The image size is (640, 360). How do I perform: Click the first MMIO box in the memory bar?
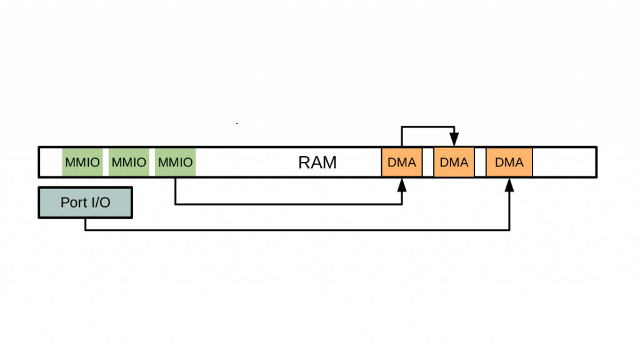coord(82,162)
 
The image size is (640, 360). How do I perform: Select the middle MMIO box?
coord(129,162)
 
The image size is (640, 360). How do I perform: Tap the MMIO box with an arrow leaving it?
coord(176,162)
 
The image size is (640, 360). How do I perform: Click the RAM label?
coord(317,162)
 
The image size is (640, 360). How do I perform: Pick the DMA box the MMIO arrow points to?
coord(402,162)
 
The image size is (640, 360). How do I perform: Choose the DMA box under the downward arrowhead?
coord(454,162)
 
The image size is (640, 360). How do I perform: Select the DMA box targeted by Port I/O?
coord(509,162)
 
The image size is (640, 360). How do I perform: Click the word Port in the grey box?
coord(72,202)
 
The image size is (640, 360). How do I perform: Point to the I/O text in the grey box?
coord(99,202)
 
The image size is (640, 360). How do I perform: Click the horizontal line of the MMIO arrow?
coord(287,204)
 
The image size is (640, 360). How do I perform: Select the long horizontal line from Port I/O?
coord(297,230)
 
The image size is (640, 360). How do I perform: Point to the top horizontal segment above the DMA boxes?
coord(428,127)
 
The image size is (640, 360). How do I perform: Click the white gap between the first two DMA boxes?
coord(428,162)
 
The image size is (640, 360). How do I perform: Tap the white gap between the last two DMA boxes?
coord(480,162)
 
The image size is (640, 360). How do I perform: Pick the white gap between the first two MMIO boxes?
coord(105,162)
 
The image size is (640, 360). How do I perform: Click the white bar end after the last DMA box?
coord(564,162)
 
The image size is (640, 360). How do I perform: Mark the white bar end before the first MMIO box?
coord(51,162)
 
